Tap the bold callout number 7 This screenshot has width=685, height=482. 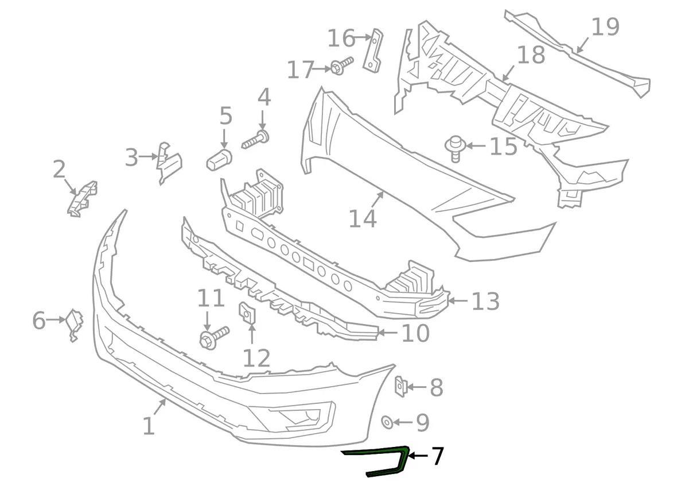(x=437, y=457)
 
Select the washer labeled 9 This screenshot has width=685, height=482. (x=387, y=423)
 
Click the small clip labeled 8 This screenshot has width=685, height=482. (x=400, y=386)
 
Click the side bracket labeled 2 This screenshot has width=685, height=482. (x=83, y=198)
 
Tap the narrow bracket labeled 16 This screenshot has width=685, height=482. (x=373, y=51)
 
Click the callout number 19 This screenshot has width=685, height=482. (x=605, y=27)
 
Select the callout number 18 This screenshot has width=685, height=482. (x=531, y=56)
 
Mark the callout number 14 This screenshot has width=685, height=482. (x=363, y=219)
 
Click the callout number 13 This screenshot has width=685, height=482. (x=485, y=301)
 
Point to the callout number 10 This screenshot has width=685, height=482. (x=415, y=333)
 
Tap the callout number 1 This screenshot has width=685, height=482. (x=149, y=426)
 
